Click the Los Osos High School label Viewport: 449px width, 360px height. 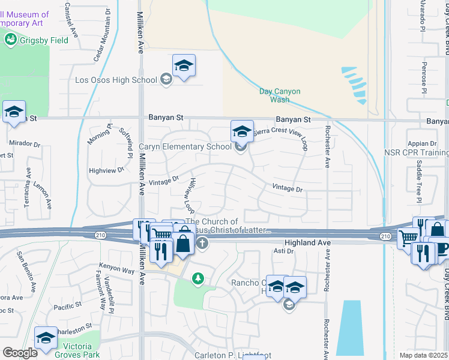click(x=116, y=79)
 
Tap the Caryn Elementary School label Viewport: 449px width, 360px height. click(x=185, y=146)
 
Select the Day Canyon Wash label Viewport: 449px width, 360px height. click(x=280, y=96)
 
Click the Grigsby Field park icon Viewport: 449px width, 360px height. click(x=10, y=40)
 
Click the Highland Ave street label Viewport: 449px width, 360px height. click(x=307, y=242)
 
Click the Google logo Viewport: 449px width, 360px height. click(x=20, y=352)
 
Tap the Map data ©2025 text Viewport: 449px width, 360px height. click(x=423, y=355)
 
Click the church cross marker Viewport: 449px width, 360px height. click(x=202, y=244)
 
